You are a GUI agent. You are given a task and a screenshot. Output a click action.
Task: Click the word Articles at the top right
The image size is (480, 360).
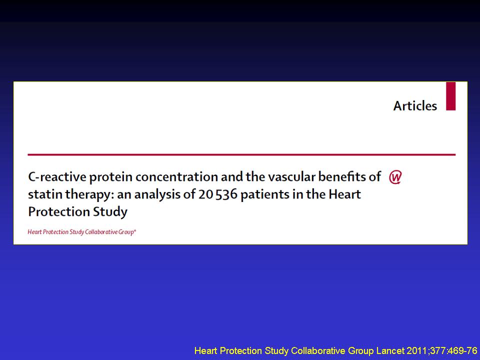[415, 106]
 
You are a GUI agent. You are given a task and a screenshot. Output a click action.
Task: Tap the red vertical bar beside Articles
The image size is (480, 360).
[450, 96]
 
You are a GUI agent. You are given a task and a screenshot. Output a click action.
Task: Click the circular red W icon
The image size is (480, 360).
[395, 177]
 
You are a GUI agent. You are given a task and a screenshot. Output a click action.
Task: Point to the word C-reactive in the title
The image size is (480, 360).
[57, 177]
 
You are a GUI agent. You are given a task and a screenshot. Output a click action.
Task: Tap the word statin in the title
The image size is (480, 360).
[45, 194]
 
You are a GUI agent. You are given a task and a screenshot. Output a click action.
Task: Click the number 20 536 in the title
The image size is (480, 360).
[217, 194]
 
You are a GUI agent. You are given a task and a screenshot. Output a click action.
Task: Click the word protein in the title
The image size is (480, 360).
[111, 177]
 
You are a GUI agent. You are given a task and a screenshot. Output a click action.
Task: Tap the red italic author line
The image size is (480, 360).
[81, 232]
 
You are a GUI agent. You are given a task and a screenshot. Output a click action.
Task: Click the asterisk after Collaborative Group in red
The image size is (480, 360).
[135, 230]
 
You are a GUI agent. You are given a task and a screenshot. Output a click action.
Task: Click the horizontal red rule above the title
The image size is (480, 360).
[241, 155]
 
